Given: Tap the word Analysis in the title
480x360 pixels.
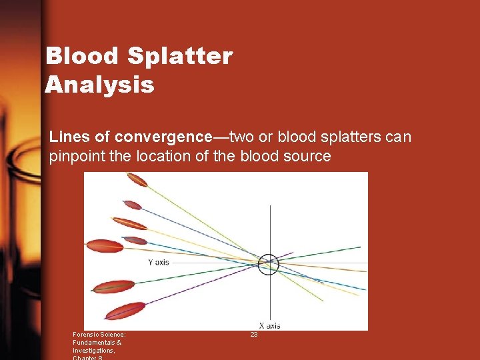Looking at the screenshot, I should click(100, 85).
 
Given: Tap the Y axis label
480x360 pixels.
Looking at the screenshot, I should click(158, 262).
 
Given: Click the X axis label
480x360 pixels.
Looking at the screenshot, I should click(269, 325).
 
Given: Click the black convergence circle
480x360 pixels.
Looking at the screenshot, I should click(269, 264).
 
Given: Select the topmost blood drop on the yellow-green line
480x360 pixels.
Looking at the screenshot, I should click(137, 179).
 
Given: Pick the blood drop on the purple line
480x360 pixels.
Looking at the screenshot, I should click(125, 311).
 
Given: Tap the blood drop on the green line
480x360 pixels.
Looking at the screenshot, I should click(113, 287).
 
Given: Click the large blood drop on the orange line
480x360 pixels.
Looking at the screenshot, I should click(105, 245).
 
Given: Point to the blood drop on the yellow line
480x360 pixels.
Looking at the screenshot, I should click(129, 223).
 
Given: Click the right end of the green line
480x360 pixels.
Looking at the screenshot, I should click(359, 247).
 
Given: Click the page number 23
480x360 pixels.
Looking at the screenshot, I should click(254, 335).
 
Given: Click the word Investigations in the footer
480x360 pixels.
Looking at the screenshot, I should click(93, 350).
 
